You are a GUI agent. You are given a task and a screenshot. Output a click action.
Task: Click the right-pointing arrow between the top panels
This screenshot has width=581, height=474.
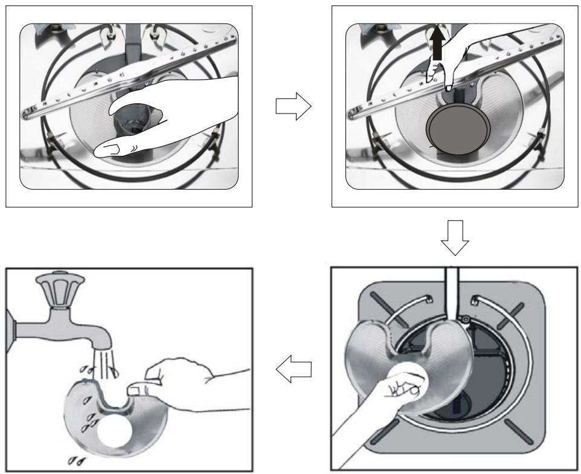tap(292, 106)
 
